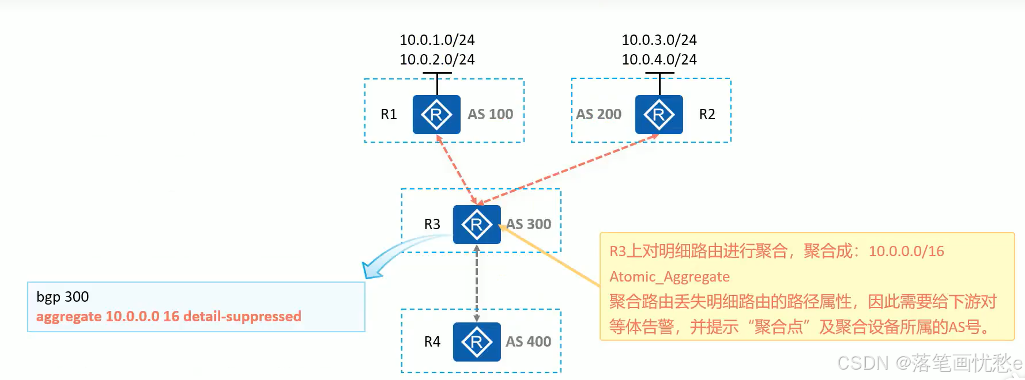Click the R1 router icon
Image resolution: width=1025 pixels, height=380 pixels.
(x=436, y=115)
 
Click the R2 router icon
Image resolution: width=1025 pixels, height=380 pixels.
(x=659, y=115)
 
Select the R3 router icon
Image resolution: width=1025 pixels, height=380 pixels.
(x=477, y=225)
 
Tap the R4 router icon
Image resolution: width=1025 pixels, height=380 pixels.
(x=477, y=342)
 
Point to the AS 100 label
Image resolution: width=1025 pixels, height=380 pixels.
(x=490, y=114)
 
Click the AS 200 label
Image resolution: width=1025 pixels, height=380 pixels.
(x=598, y=114)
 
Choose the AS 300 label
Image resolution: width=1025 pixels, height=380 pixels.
(x=529, y=224)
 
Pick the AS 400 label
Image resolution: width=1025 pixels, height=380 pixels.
(x=528, y=341)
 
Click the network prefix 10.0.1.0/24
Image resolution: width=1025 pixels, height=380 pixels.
(x=437, y=40)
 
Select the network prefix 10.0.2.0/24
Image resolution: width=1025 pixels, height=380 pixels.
(x=437, y=59)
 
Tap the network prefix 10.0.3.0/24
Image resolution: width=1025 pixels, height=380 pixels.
(x=659, y=40)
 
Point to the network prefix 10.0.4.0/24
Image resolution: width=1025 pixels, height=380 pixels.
(x=659, y=59)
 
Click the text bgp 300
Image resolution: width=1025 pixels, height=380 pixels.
(x=62, y=297)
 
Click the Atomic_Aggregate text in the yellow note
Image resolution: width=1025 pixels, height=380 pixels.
(x=669, y=277)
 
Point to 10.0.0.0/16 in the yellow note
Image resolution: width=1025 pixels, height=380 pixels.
(x=906, y=252)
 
